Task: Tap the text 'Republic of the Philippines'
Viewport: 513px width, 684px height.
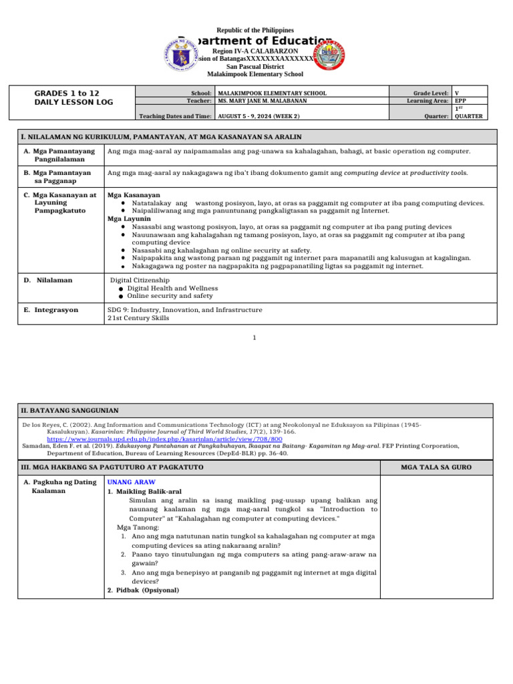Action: pos(256,30)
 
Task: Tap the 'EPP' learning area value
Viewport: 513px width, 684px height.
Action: pos(461,101)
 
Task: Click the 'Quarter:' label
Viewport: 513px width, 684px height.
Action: pos(436,116)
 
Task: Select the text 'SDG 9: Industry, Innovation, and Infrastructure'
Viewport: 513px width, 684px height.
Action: pos(185,310)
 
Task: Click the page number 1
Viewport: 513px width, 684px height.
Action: pos(254,338)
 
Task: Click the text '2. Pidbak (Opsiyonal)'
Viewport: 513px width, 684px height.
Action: pos(143,590)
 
